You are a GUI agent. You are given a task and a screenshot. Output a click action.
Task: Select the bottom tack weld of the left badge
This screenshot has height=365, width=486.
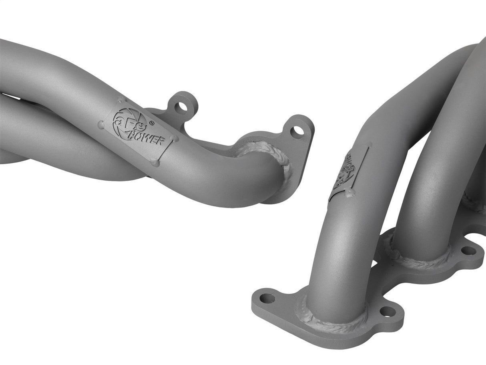155,162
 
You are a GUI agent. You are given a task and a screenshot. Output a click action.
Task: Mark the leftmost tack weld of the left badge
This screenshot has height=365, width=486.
101,125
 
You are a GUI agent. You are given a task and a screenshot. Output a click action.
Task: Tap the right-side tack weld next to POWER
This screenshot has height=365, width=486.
173,138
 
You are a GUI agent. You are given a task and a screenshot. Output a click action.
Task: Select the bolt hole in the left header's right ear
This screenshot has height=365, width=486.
297,131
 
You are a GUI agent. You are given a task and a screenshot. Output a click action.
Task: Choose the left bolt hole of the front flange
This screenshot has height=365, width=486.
267,298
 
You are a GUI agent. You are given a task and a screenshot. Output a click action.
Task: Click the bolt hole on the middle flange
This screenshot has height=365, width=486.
468,251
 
